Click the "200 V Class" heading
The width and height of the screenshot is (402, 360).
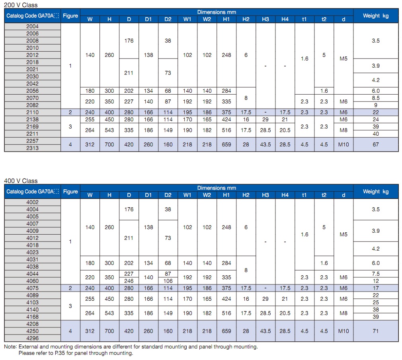[x=21, y=5]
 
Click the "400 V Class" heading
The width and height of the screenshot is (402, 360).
[x=21, y=181]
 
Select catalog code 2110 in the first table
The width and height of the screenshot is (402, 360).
[x=33, y=112]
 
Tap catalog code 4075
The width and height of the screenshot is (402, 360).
[x=33, y=288]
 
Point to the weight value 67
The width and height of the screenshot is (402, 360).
[x=376, y=144]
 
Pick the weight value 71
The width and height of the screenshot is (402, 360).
[x=376, y=331]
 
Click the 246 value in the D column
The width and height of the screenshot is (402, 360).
[x=129, y=281]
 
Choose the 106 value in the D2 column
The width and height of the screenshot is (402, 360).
[x=168, y=281]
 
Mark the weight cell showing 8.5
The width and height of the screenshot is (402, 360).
[x=376, y=98]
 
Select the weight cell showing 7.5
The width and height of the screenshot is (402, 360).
[x=376, y=274]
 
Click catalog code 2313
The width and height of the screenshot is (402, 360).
[x=33, y=148]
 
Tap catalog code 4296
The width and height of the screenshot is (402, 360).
[x=33, y=338]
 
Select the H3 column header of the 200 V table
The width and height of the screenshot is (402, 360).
[x=265, y=19]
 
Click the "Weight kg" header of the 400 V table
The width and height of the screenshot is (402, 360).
[x=376, y=191]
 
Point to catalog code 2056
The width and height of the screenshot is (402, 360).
[x=33, y=91]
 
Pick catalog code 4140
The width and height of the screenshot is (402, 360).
[x=33, y=309]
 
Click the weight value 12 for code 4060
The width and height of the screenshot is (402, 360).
[x=376, y=281]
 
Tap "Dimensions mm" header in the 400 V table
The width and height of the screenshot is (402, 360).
[x=217, y=188]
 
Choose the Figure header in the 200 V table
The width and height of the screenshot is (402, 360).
[x=70, y=16]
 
